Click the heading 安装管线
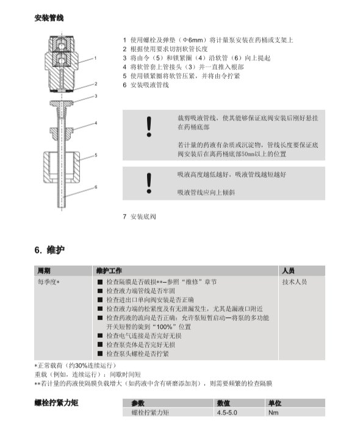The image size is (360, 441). tap(49, 18)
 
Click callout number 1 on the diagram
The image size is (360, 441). tap(95, 58)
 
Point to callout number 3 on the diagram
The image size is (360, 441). tap(96, 96)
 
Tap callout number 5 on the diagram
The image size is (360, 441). tap(96, 155)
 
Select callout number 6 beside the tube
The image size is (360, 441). tap(96, 187)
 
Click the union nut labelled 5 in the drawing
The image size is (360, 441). tap(62, 167)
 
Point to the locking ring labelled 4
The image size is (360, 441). tap(62, 131)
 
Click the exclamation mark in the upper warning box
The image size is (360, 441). tap(149, 127)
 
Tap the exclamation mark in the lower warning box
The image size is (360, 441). tap(149, 183)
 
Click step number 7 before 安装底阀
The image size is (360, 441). tap(124, 217)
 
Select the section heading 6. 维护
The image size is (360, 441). tap(50, 250)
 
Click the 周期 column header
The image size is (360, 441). tap(44, 271)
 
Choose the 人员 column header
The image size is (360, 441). tap(289, 271)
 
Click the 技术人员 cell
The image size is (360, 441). tap(295, 282)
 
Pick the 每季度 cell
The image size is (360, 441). tap(48, 282)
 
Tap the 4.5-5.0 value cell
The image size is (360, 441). tap(227, 412)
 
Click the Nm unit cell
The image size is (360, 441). tap(273, 412)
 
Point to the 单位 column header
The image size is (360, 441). tap(275, 403)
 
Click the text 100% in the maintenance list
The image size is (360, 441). tap(164, 327)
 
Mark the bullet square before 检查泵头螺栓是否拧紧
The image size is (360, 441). tap(100, 354)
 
